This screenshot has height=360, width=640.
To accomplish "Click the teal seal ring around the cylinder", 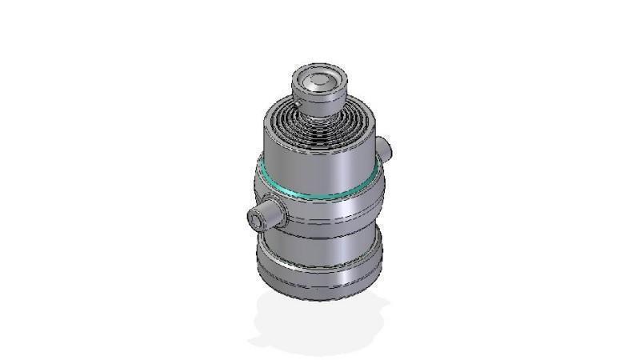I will (x=320, y=192).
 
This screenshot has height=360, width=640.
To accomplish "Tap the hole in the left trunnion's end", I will (x=257, y=217).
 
